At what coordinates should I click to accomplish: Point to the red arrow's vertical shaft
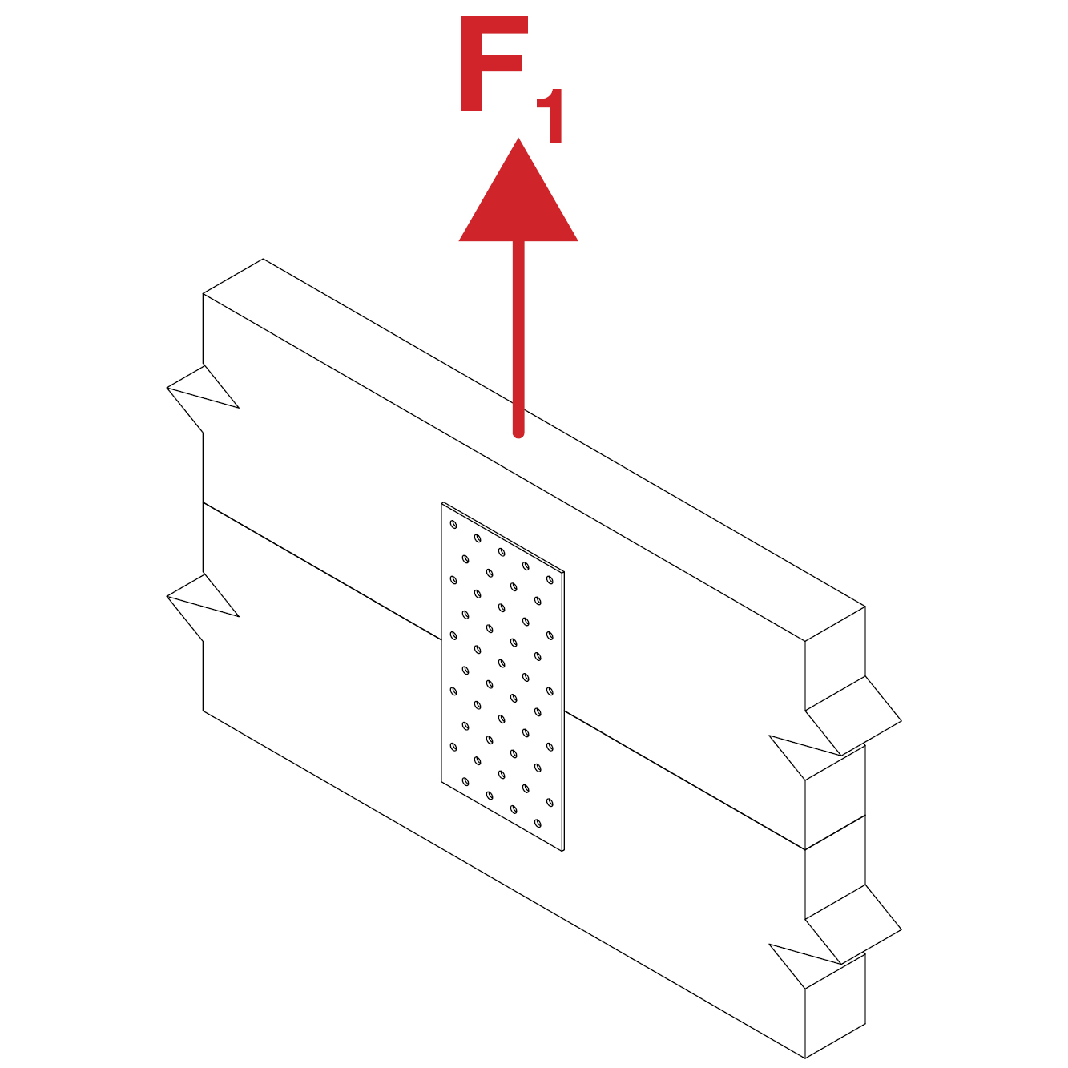[x=518, y=338]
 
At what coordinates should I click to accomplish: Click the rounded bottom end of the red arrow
[x=518, y=433]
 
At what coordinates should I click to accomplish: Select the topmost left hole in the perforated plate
[x=453, y=524]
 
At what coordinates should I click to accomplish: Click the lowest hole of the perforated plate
[x=538, y=823]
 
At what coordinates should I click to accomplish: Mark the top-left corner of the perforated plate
[x=441, y=503]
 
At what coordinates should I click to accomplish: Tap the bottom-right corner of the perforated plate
[x=564, y=850]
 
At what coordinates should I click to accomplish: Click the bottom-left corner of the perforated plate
[x=441, y=781]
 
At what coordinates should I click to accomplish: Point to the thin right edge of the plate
[x=563, y=711]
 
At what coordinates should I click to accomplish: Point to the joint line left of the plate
[x=322, y=571]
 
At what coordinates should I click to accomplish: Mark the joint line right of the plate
[x=684, y=780]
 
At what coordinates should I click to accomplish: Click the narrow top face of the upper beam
[x=534, y=449]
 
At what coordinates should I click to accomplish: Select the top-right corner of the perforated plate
[x=564, y=572]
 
